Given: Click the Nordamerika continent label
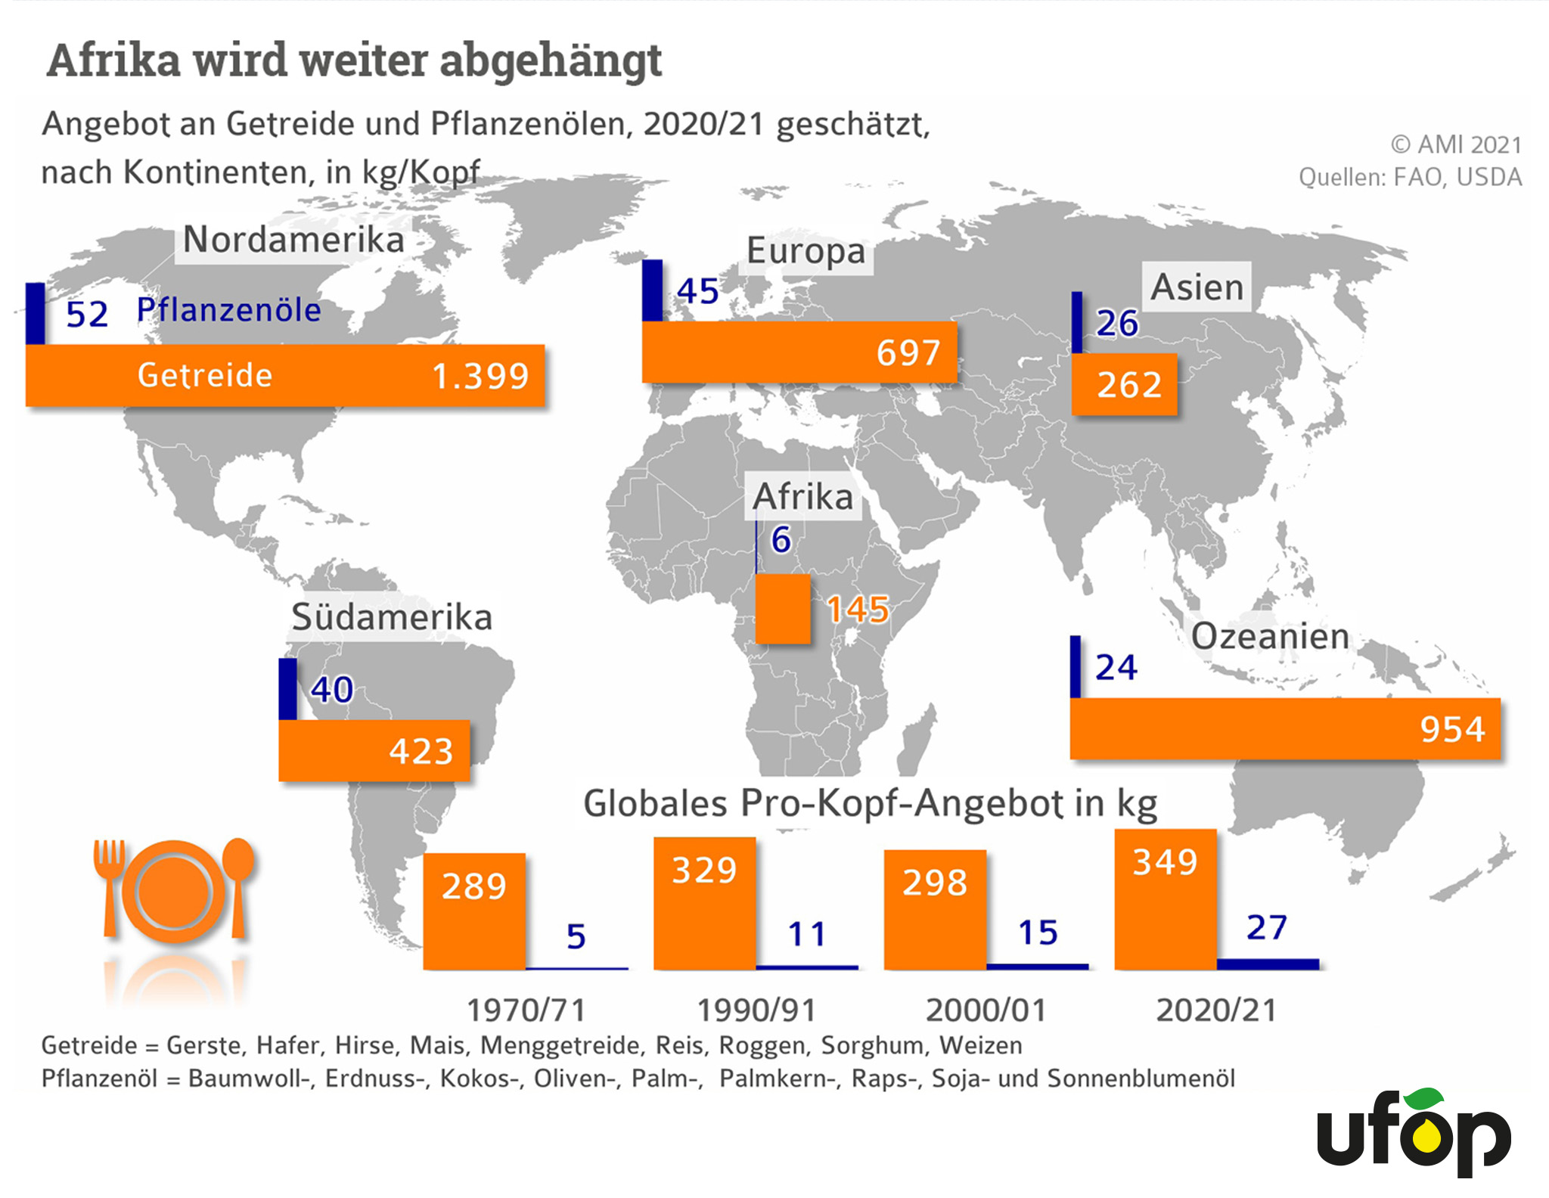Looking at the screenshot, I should coord(293,241).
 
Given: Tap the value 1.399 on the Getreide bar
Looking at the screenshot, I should coord(480,376).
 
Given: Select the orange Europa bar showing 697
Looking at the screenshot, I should coord(799,352).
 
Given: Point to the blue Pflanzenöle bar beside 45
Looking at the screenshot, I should coord(652,290).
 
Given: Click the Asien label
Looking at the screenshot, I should coord(1197,287).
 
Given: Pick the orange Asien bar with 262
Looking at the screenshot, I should coord(1125,385).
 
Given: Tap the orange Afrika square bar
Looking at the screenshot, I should coord(783,609).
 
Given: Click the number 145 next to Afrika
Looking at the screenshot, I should coord(857,609).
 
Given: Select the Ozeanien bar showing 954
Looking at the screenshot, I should coord(1284,729).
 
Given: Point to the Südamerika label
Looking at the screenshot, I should coord(392,617).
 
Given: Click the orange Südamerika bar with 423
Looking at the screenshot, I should coord(374,751).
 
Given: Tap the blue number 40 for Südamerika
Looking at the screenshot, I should coord(332,689).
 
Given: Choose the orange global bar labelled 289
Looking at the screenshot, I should coord(474,911).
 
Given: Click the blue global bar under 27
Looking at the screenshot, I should coord(1268,964).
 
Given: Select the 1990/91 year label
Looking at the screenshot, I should coord(756,1010).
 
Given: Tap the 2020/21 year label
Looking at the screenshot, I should coord(1216,1010).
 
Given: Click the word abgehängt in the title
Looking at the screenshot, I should coord(551,61).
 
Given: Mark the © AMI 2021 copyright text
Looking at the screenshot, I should coord(1455,144).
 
